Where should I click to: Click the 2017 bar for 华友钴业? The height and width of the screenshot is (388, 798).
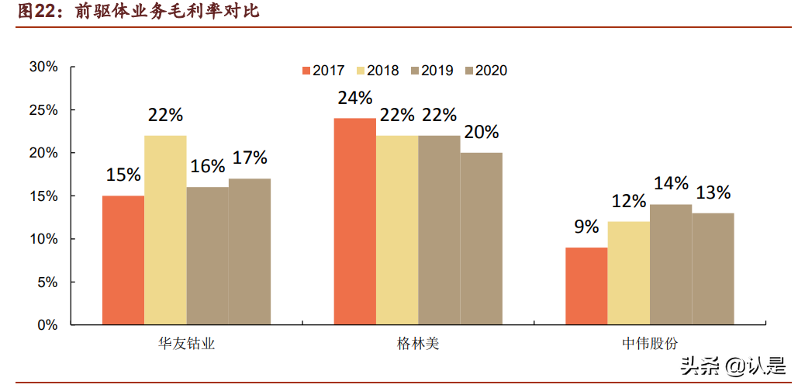123,260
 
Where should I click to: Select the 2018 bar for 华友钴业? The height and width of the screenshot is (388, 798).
165,230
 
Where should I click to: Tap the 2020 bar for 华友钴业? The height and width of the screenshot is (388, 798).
250,251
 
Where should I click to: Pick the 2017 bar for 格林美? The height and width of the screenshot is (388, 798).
354,221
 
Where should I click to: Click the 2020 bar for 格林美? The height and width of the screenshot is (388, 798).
481,238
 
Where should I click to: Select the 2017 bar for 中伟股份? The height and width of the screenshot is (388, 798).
586,286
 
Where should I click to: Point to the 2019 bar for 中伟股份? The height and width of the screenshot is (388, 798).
671,264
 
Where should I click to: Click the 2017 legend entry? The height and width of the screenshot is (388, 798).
323,71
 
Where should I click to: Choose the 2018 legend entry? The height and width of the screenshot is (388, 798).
377,71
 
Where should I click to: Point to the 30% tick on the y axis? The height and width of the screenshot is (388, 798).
43,68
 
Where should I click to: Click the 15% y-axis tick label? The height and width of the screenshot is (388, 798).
43,196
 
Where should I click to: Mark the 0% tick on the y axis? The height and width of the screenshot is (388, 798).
47,325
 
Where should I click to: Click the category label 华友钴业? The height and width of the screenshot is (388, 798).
186,343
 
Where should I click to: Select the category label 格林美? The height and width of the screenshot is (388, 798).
417,343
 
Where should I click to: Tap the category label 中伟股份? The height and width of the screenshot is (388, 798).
649,343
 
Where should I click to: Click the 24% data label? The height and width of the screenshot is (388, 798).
354,99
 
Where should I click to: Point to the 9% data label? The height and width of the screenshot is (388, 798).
586,227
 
